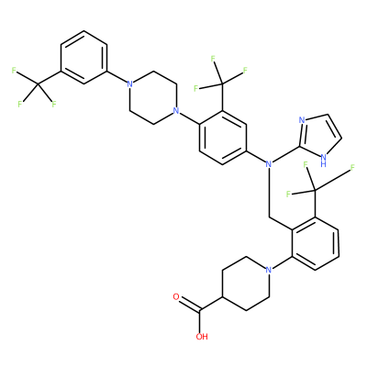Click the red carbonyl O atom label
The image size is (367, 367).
176,296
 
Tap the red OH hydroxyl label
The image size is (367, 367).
202,337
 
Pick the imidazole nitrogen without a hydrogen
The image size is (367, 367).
302,119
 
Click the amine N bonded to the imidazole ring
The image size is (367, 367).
269,164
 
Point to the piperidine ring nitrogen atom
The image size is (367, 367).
269,270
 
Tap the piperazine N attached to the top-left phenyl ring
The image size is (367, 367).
130,83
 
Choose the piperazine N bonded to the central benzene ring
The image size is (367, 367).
175,110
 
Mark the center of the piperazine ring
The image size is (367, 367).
153,97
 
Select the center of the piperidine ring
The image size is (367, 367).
246,284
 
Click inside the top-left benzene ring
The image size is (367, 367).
84,57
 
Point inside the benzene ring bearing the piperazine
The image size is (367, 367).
223,138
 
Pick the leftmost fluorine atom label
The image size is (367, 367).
14,71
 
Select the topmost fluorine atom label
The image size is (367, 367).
213,58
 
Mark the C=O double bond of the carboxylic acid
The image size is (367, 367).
189,304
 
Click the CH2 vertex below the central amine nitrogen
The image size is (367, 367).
269,217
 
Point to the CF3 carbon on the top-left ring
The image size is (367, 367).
39,84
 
